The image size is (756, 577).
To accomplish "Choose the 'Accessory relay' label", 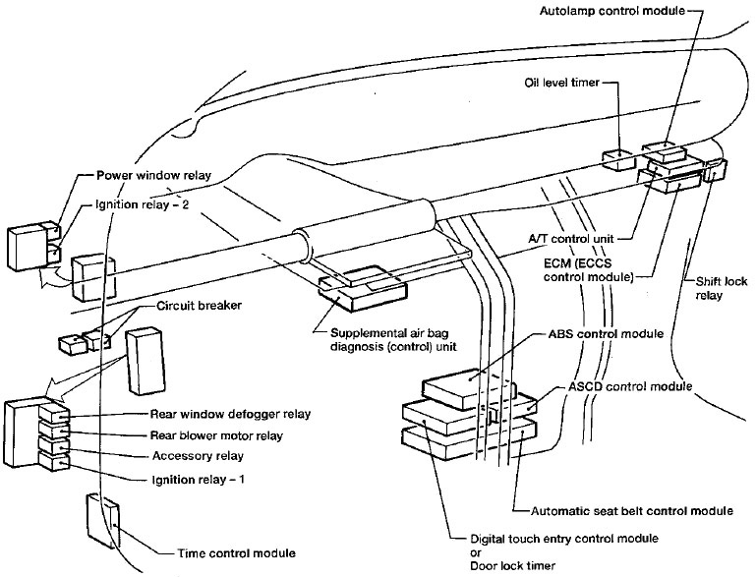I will (x=198, y=456).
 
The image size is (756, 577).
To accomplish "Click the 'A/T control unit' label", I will (x=574, y=238).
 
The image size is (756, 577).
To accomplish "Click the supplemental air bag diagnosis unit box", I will (x=361, y=288).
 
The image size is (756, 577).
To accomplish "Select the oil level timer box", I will (x=616, y=160).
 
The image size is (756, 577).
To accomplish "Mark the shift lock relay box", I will (x=715, y=171).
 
